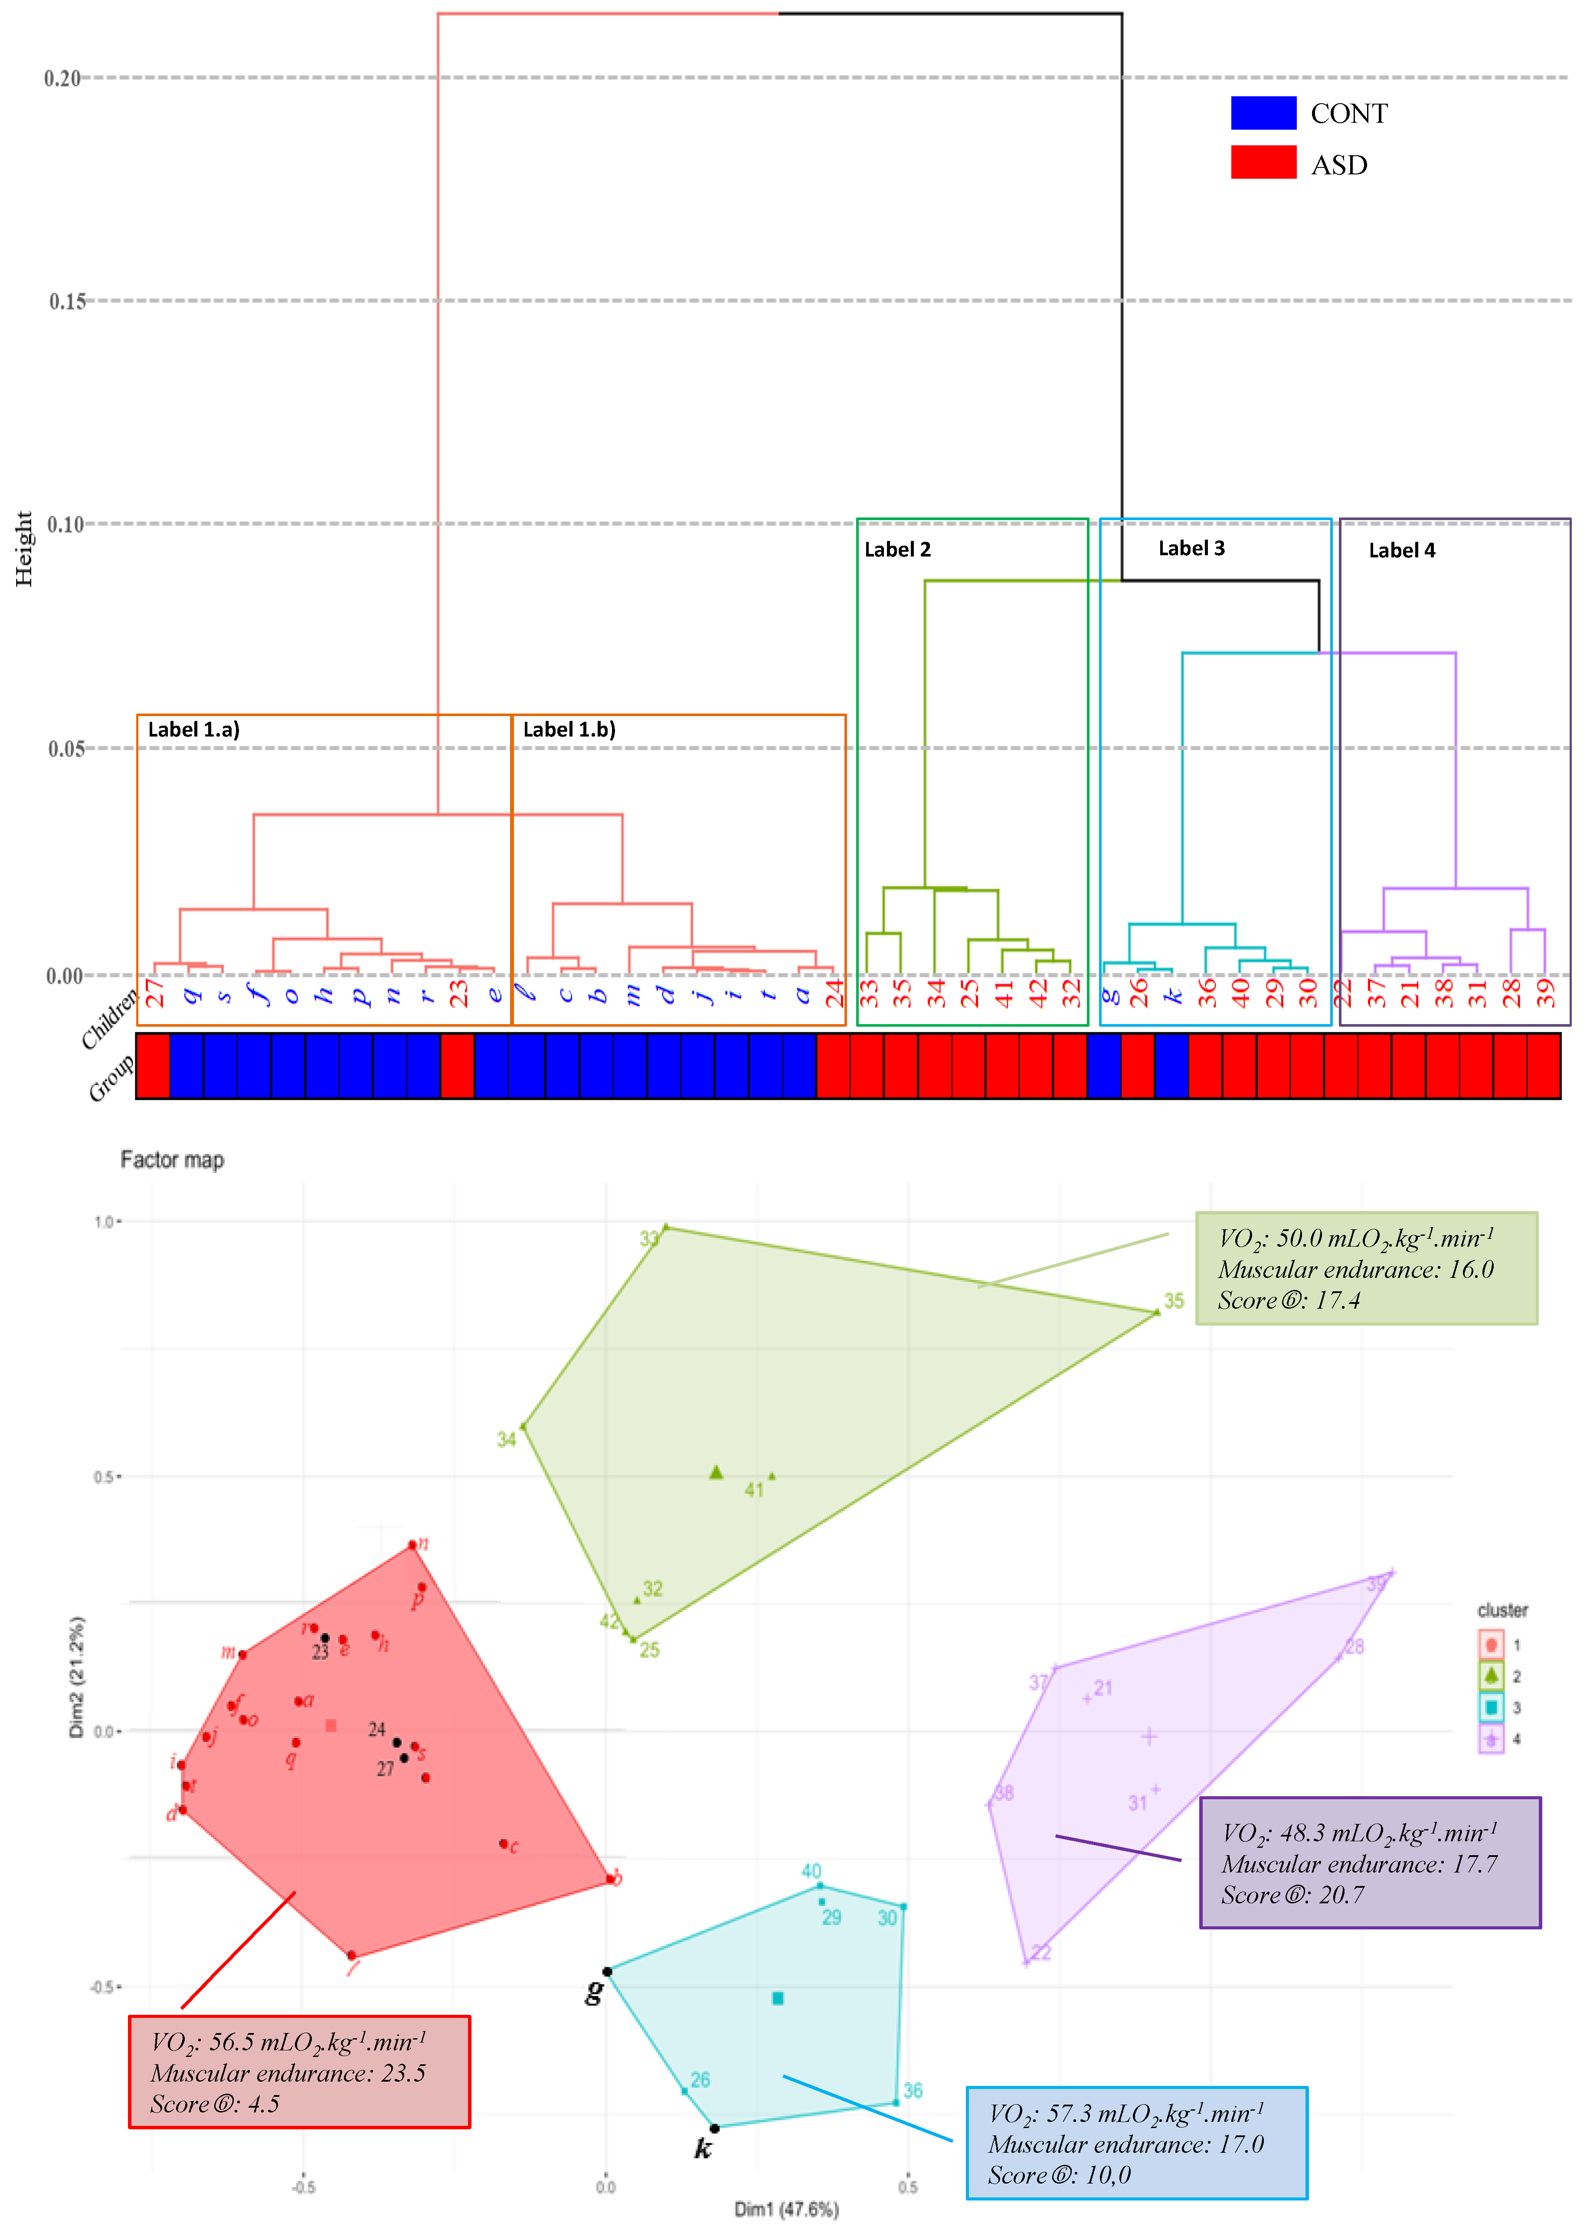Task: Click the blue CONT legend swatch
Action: tap(1263, 114)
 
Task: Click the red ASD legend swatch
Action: tap(1263, 163)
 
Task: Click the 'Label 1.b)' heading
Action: tap(569, 729)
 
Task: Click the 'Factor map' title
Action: tap(172, 1160)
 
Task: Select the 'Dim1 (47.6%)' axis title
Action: tap(786, 2209)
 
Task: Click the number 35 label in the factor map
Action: tap(1174, 1301)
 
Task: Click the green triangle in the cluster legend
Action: tap(1490, 1675)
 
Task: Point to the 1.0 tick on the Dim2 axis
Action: tap(104, 1222)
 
